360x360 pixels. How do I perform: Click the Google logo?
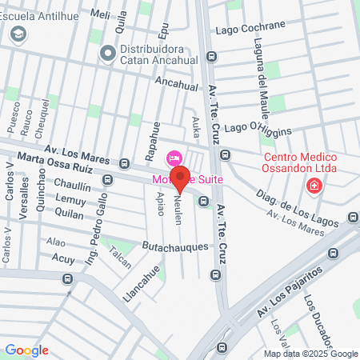(x=26, y=350)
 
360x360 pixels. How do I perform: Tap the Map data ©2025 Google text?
(x=311, y=354)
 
